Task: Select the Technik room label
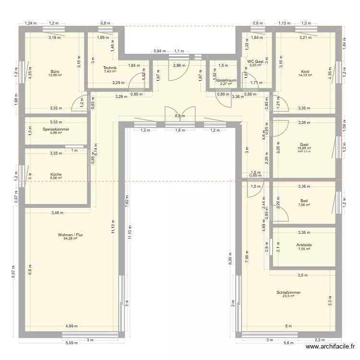(110, 68)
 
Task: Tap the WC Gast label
(255, 61)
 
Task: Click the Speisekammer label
(56, 129)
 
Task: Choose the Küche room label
(56, 174)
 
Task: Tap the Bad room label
(304, 201)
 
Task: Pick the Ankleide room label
(304, 245)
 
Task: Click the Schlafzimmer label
(288, 292)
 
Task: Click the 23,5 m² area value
(288, 296)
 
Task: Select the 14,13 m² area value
(305, 75)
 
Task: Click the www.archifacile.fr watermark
(331, 347)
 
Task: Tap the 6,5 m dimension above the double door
(180, 116)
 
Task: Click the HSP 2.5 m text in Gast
(304, 151)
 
